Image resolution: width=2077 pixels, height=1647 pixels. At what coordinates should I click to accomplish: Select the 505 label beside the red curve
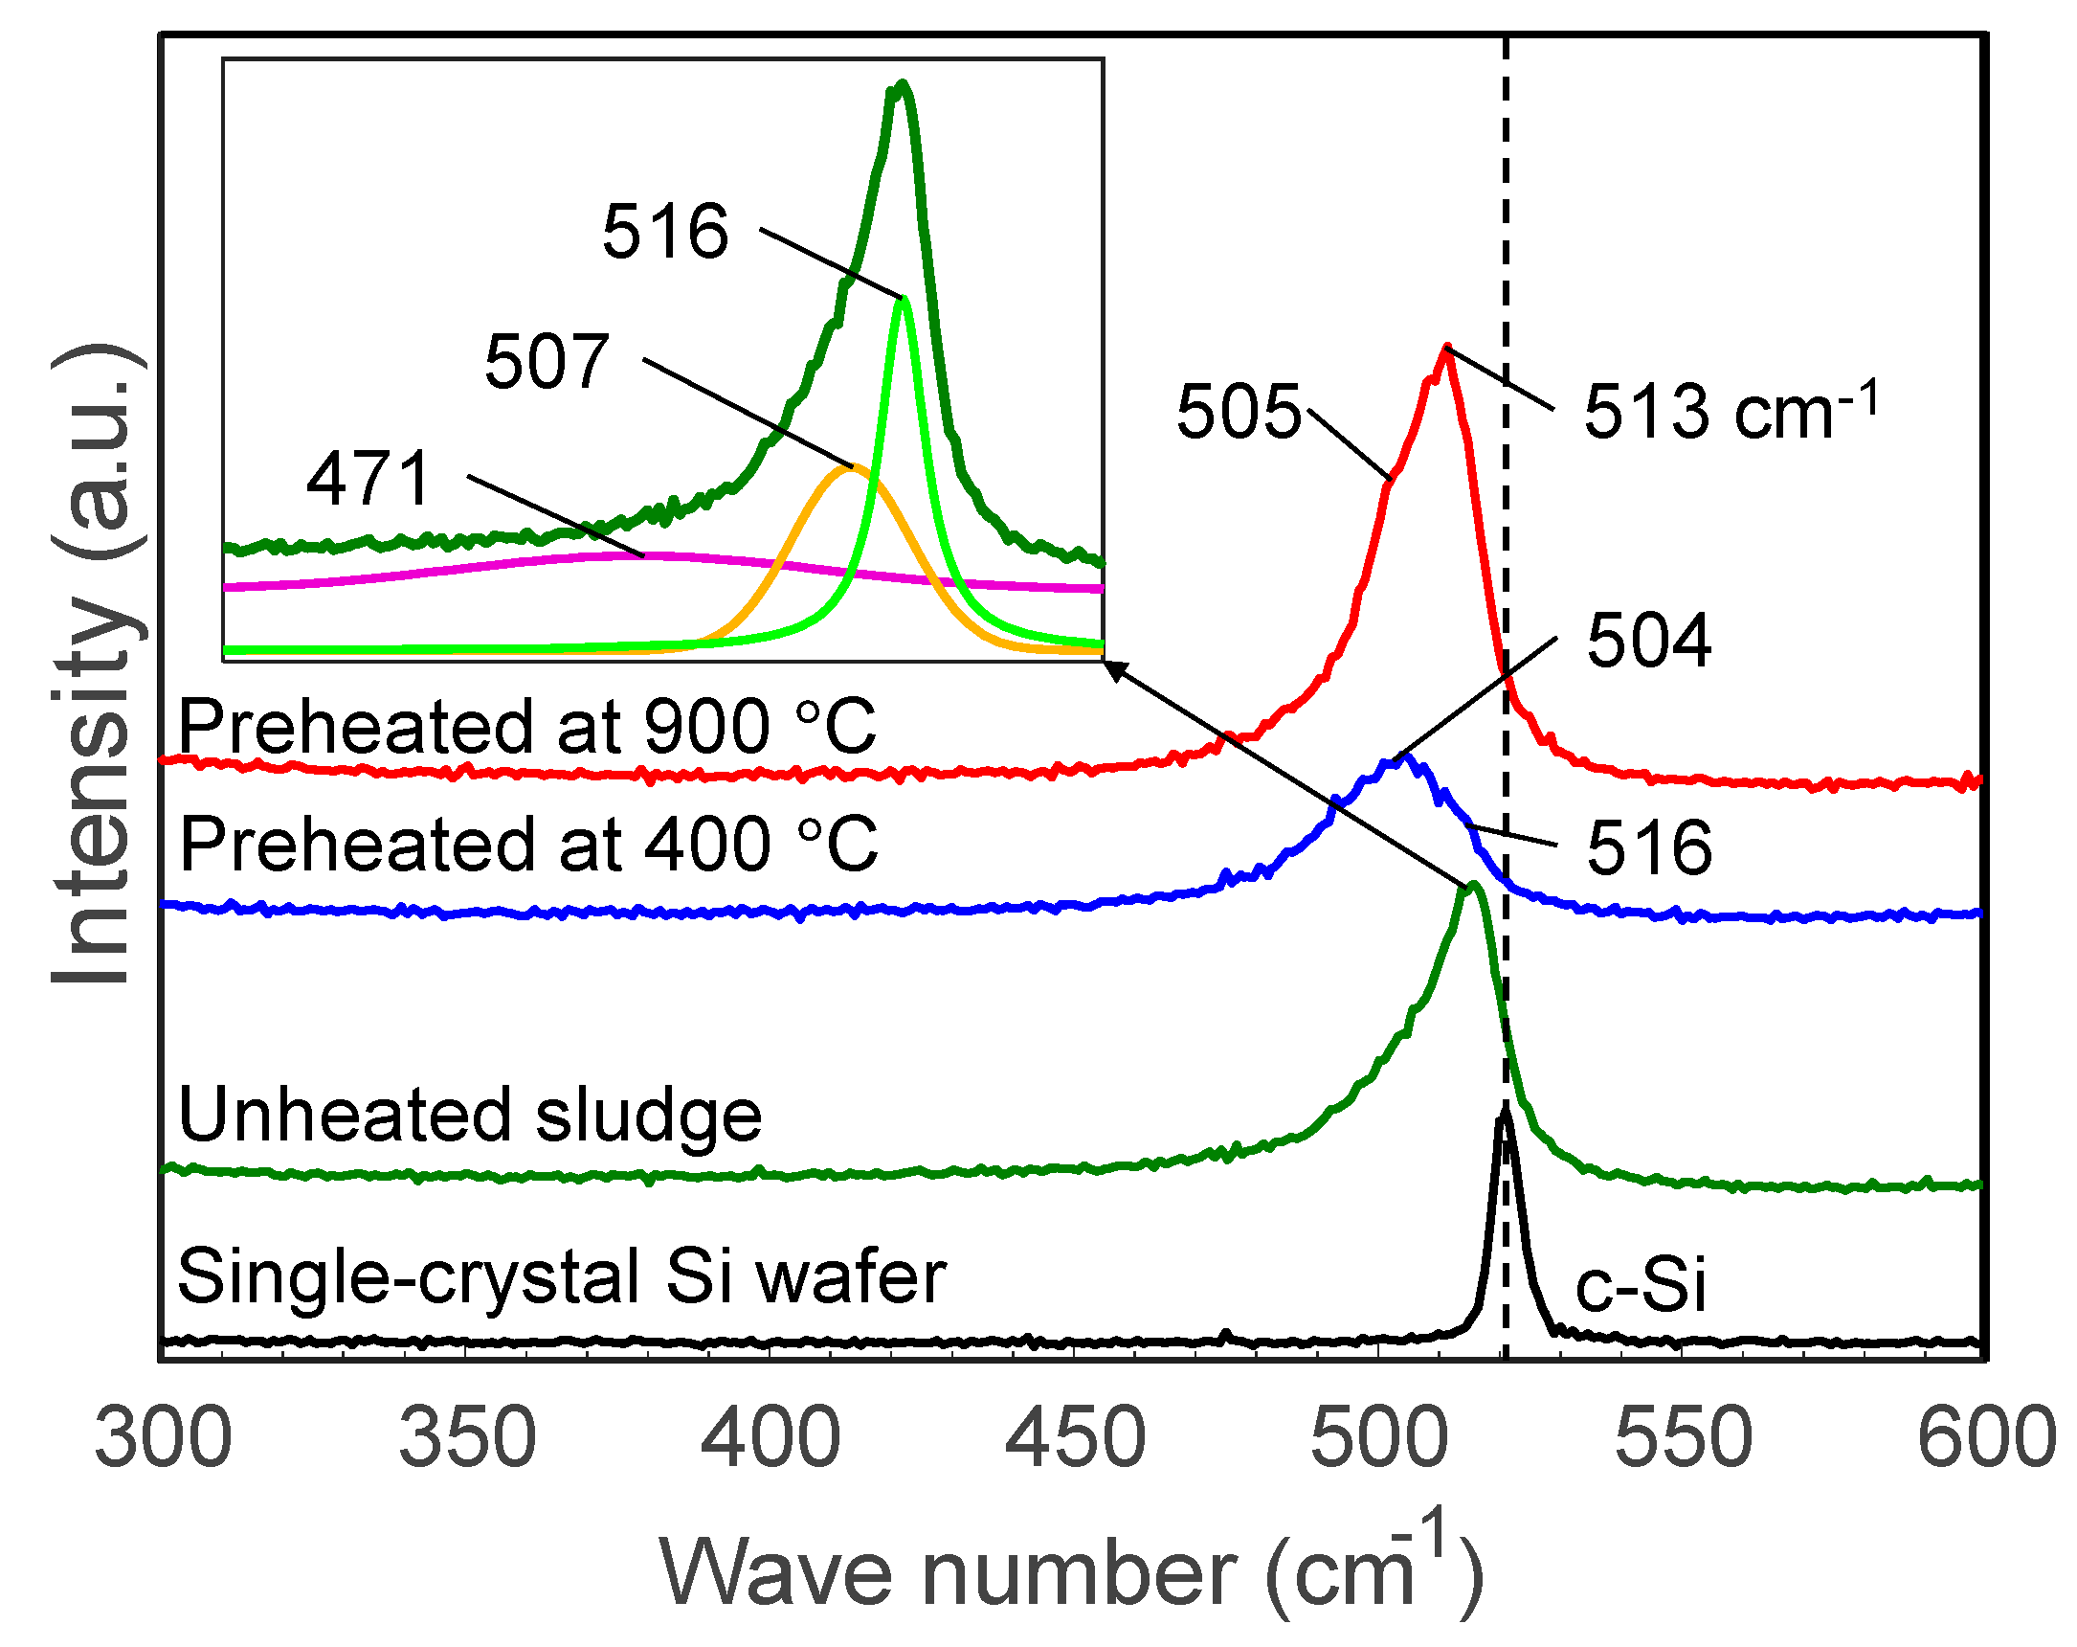click(x=1238, y=412)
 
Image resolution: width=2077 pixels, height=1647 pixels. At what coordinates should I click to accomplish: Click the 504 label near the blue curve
click(x=1648, y=640)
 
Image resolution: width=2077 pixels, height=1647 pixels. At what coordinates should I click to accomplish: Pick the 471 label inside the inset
click(x=368, y=478)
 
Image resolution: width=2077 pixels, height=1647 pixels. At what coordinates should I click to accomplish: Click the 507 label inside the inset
click(x=547, y=361)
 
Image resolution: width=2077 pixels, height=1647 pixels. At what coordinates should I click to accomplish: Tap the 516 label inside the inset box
click(x=664, y=232)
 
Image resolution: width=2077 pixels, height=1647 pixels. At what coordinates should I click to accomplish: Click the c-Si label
click(x=1641, y=1285)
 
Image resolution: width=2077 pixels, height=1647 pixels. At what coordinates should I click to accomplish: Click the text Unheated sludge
click(x=470, y=1115)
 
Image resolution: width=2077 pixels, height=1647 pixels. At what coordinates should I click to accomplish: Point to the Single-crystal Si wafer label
click(x=562, y=1276)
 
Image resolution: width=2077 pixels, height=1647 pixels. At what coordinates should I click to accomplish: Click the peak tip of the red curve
click(x=1445, y=348)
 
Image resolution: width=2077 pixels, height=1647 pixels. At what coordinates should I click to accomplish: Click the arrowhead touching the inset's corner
click(x=1112, y=667)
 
